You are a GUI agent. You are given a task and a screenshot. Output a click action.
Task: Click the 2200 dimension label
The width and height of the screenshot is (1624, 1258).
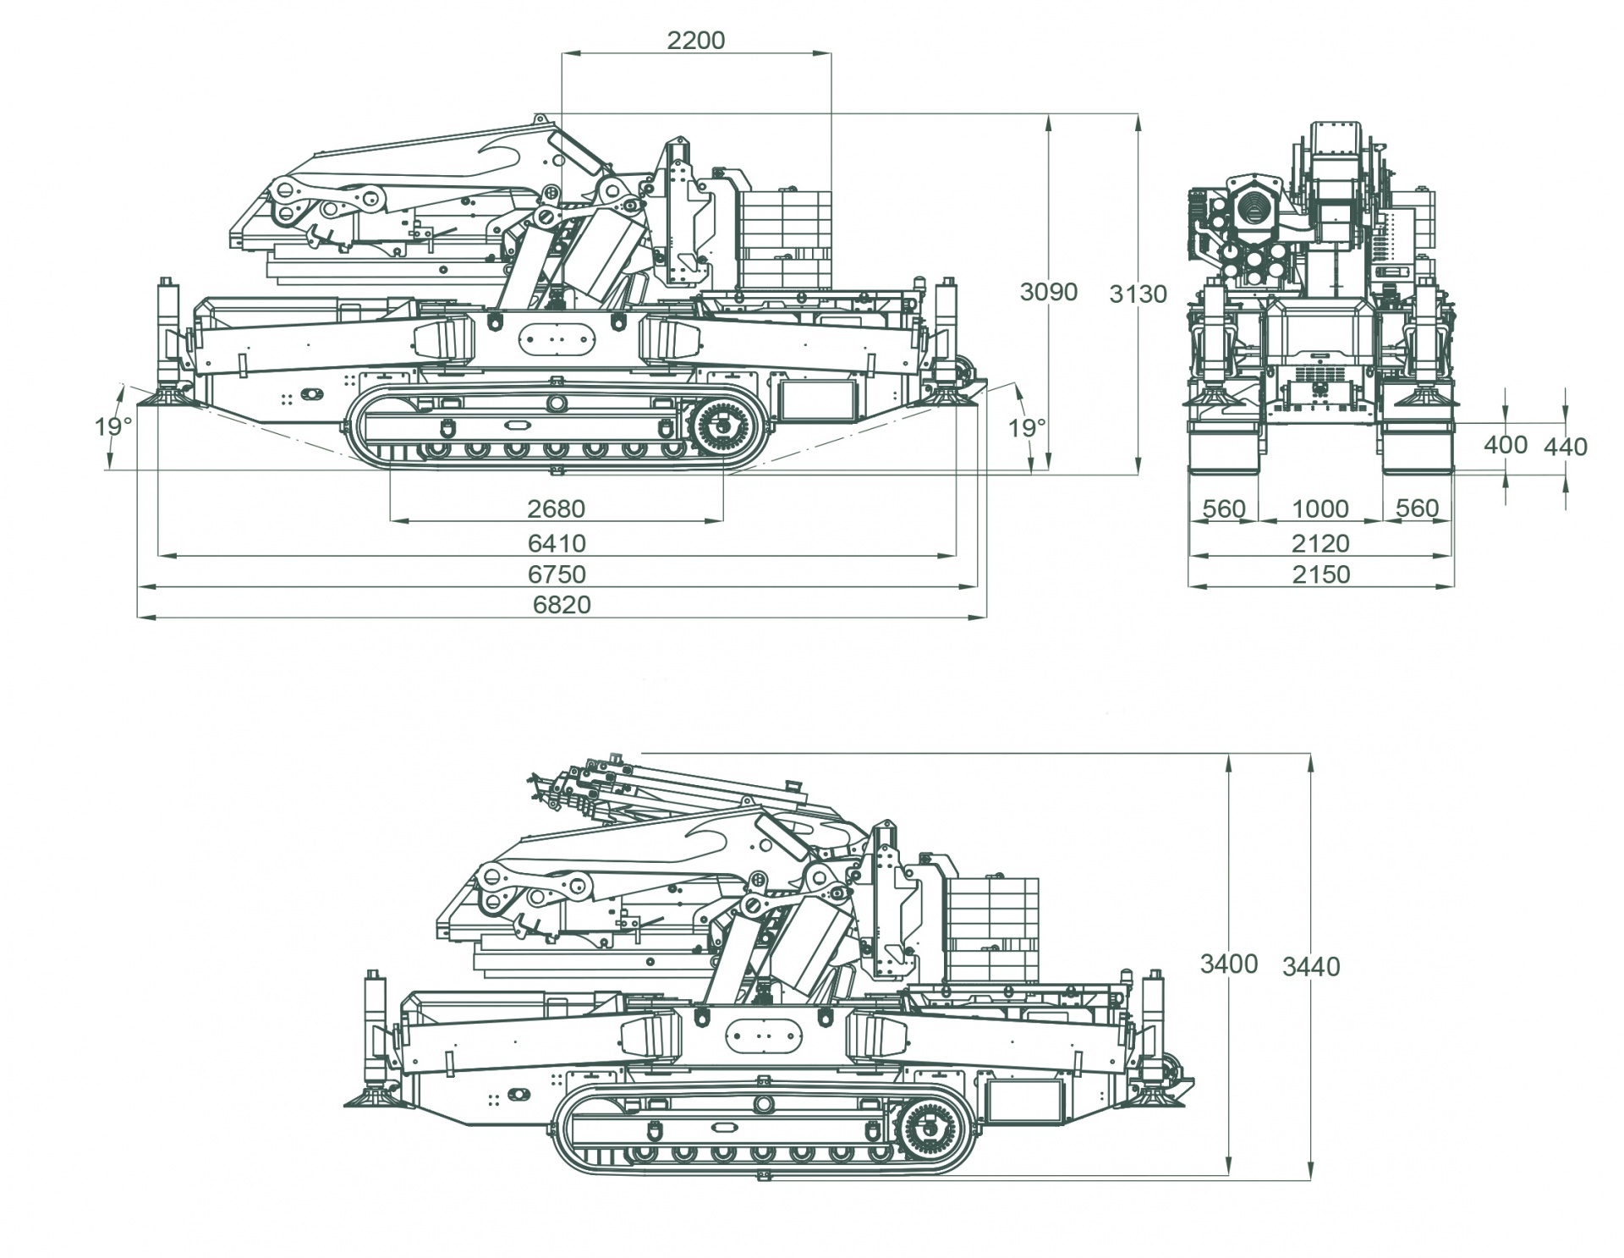pyautogui.click(x=695, y=40)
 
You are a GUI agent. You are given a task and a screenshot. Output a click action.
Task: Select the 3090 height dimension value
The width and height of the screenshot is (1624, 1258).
pyautogui.click(x=1048, y=292)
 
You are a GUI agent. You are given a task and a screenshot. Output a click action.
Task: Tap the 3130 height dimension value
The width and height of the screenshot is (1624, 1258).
pyautogui.click(x=1138, y=294)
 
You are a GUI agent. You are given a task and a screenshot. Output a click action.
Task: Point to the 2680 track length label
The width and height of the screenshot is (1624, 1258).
pyautogui.click(x=556, y=508)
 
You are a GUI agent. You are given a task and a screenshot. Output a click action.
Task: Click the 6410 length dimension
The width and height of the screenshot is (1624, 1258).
pyautogui.click(x=556, y=542)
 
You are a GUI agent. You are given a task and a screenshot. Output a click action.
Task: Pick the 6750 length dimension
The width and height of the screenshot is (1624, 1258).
pyautogui.click(x=557, y=574)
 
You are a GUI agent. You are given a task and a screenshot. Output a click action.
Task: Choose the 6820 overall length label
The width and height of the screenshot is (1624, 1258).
pyautogui.click(x=562, y=605)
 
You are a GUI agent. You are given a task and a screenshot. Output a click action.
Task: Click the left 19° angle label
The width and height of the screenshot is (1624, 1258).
pyautogui.click(x=113, y=427)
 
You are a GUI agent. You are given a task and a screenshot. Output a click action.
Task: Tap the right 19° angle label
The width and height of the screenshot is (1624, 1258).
pyautogui.click(x=1027, y=428)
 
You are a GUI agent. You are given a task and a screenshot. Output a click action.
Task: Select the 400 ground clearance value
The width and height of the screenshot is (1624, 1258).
pyautogui.click(x=1506, y=445)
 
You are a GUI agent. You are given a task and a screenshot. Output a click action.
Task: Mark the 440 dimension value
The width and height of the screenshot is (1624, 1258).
pyautogui.click(x=1566, y=447)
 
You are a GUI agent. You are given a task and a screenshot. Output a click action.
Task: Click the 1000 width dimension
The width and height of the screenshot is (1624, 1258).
pyautogui.click(x=1320, y=508)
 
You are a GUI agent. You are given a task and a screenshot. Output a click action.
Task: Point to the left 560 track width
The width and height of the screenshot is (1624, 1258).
pyautogui.click(x=1224, y=508)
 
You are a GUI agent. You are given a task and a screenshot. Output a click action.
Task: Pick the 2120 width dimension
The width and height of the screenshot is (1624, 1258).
pyautogui.click(x=1320, y=542)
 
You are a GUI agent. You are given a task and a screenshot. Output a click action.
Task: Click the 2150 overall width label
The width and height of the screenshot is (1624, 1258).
pyautogui.click(x=1320, y=574)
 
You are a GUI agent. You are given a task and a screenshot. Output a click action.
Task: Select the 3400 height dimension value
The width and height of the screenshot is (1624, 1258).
pyautogui.click(x=1228, y=964)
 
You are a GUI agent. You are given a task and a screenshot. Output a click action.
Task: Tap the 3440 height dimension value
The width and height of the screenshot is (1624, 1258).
pyautogui.click(x=1311, y=966)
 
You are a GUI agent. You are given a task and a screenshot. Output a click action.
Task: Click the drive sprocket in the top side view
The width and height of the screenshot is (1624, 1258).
pyautogui.click(x=723, y=427)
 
